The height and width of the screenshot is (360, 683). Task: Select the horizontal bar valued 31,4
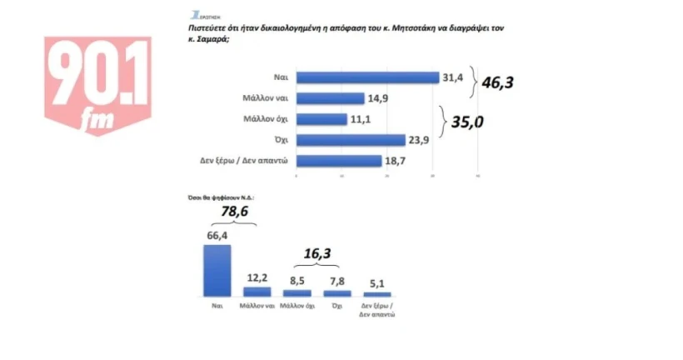click(367, 77)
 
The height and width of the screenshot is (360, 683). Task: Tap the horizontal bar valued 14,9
click(330, 98)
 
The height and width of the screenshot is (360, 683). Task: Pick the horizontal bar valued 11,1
click(322, 119)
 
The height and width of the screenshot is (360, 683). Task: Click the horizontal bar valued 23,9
click(351, 140)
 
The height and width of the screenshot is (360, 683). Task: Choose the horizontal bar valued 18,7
click(338, 161)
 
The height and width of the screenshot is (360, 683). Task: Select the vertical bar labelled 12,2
click(257, 292)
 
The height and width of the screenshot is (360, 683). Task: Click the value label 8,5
click(297, 280)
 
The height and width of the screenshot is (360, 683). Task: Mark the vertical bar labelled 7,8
click(337, 292)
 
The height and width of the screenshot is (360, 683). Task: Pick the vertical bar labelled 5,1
click(376, 294)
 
